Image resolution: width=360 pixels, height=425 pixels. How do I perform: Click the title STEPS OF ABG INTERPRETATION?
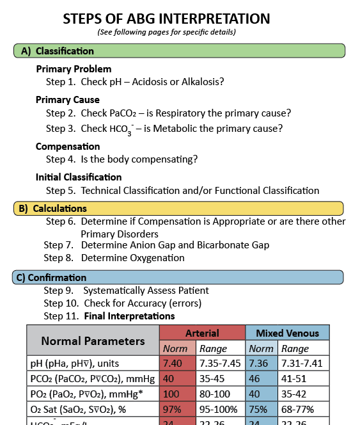pos(166,19)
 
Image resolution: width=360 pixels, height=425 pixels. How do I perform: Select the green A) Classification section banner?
pos(179,51)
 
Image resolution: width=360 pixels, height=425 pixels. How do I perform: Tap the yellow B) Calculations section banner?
pos(178,208)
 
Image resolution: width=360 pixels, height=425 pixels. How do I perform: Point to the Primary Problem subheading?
pos(74,69)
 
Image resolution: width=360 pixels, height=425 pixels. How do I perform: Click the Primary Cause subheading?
pos(68,100)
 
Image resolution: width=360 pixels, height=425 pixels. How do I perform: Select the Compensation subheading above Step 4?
pos(68,147)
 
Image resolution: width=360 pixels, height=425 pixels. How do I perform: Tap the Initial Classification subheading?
pos(79,177)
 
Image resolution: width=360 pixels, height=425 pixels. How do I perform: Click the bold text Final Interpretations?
pos(129,316)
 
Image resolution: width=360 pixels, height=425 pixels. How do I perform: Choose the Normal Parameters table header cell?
pos(93,341)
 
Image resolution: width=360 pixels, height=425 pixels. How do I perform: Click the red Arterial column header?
pos(202,333)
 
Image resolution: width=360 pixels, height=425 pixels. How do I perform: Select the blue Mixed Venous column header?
pos(287,333)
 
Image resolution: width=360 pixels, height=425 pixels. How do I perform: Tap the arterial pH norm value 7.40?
pos(173,364)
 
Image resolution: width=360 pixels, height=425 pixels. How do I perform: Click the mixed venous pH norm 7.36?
pos(260,364)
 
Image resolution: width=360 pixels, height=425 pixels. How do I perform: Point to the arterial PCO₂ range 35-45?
pos(212,378)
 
